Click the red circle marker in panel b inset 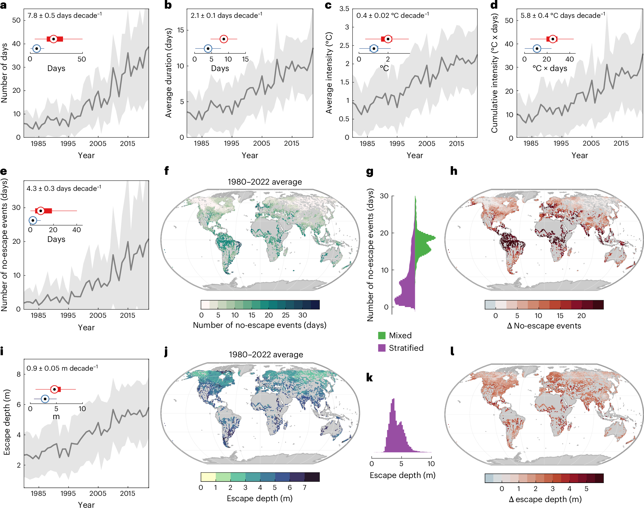[x=223, y=39]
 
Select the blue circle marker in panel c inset [x=374, y=48]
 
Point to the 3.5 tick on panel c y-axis [x=344, y=9]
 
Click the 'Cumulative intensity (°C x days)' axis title [x=494, y=74]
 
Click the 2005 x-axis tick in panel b [x=261, y=143]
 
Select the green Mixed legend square [x=382, y=336]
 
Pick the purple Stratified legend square [x=382, y=348]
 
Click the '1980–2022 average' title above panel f [x=264, y=182]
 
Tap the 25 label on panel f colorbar [x=285, y=315]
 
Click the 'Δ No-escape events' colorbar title [x=544, y=326]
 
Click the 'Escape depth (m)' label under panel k [x=402, y=475]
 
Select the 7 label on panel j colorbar [x=304, y=487]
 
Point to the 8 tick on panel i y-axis [x=19, y=374]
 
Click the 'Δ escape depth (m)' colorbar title [x=545, y=499]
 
